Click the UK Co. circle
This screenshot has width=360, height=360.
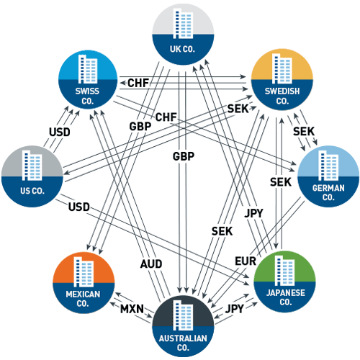(x=183, y=33)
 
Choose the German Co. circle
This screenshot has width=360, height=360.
(x=328, y=174)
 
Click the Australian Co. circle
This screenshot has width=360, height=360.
(x=183, y=323)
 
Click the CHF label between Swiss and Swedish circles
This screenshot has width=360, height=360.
(x=138, y=84)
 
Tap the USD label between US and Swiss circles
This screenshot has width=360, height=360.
(x=60, y=132)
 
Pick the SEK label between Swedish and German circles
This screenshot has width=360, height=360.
(x=305, y=132)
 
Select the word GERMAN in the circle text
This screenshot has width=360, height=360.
(x=328, y=186)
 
